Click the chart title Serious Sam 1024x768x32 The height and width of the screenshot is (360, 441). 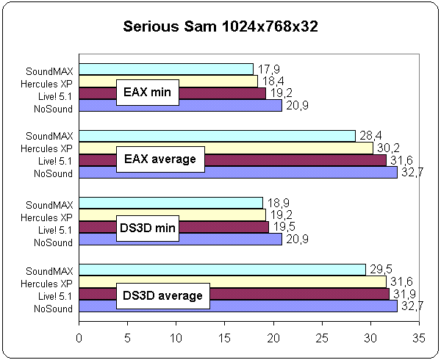click(x=220, y=28)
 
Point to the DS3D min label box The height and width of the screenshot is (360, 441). click(x=148, y=227)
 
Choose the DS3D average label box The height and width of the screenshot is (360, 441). click(x=162, y=295)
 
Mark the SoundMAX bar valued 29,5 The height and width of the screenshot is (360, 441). click(x=220, y=270)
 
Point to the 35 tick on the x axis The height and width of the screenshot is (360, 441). click(x=417, y=339)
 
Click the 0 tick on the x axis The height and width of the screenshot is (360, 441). click(x=79, y=339)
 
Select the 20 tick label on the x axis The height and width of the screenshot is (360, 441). click(x=273, y=339)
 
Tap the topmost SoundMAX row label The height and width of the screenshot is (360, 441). click(x=49, y=71)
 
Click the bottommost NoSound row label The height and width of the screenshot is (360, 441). click(x=54, y=309)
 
